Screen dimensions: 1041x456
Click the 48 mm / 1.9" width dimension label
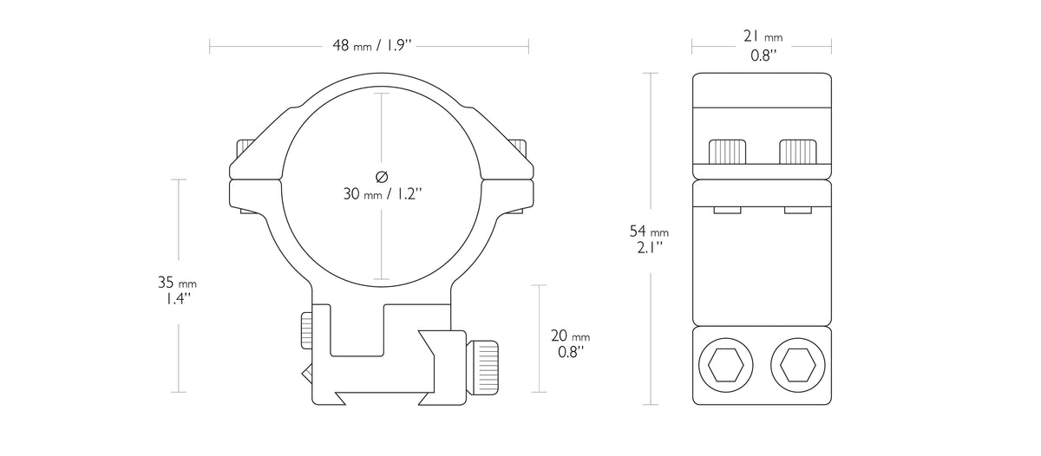tap(372, 45)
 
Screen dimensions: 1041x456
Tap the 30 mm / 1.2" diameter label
tap(383, 193)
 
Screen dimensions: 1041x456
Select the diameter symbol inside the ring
tap(382, 177)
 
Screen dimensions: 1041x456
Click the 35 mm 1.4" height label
tap(177, 290)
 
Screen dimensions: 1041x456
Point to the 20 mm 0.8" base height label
tap(570, 343)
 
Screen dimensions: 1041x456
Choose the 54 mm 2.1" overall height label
tap(649, 239)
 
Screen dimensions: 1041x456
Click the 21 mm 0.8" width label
tap(763, 45)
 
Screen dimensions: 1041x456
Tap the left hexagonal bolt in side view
tap(726, 365)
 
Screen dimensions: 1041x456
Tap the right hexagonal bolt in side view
tap(798, 365)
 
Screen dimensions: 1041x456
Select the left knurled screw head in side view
tap(727, 152)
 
